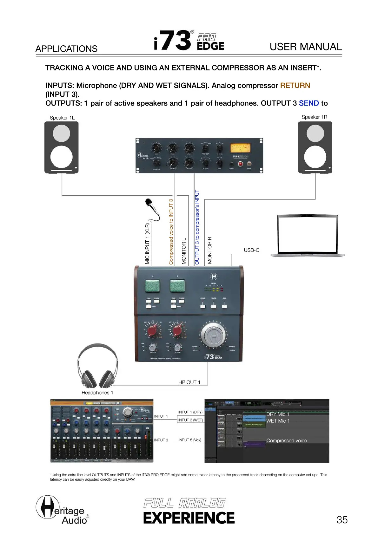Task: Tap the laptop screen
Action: pos(307,235)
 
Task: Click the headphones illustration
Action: pos(97,366)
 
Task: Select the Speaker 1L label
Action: pos(62,118)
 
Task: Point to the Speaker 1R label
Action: pos(314,117)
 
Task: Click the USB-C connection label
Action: pos(251,250)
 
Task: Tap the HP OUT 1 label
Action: pos(189,382)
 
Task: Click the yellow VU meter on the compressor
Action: pos(240,148)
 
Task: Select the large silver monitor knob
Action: pos(213,335)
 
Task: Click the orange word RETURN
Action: pos(295,86)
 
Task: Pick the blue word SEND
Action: pos(308,103)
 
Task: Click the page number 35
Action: pos(342,520)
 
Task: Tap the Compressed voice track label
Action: pos(286,441)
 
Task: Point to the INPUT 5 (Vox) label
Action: pos(189,440)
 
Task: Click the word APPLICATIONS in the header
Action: pos(66,49)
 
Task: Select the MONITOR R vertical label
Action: pos(209,250)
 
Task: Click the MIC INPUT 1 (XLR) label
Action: pos(147,244)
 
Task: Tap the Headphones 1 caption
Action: pos(97,393)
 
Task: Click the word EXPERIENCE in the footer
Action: pos(189,518)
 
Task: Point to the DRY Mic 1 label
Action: pos(278,414)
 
